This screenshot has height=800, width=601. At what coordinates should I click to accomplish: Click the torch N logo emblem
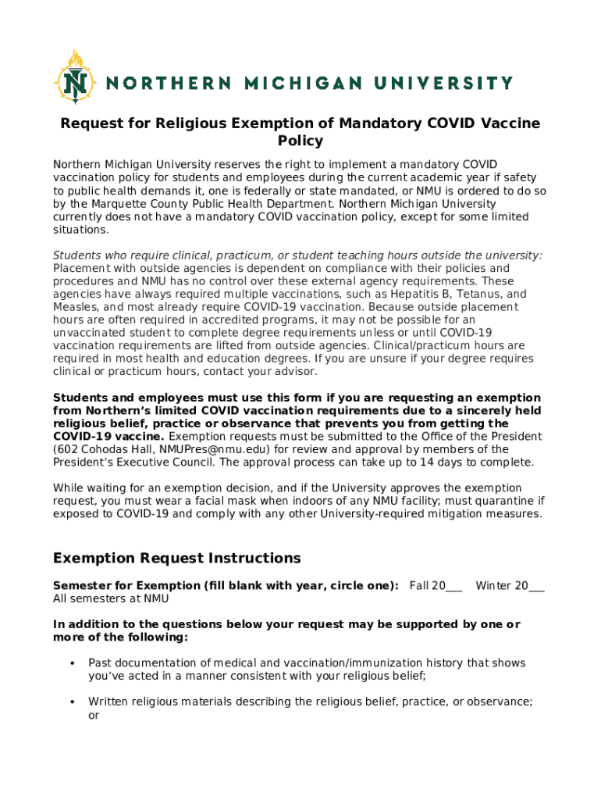coord(75,77)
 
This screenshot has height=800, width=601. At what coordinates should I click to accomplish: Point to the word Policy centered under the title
coord(300,141)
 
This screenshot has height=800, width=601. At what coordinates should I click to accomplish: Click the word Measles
coord(75,307)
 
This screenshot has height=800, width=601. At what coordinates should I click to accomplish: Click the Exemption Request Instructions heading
coord(176,558)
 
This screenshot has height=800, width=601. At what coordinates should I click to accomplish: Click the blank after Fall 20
coord(453,586)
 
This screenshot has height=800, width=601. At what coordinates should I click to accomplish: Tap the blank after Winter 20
coord(536,586)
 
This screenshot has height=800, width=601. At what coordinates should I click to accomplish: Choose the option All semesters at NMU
coord(110,599)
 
